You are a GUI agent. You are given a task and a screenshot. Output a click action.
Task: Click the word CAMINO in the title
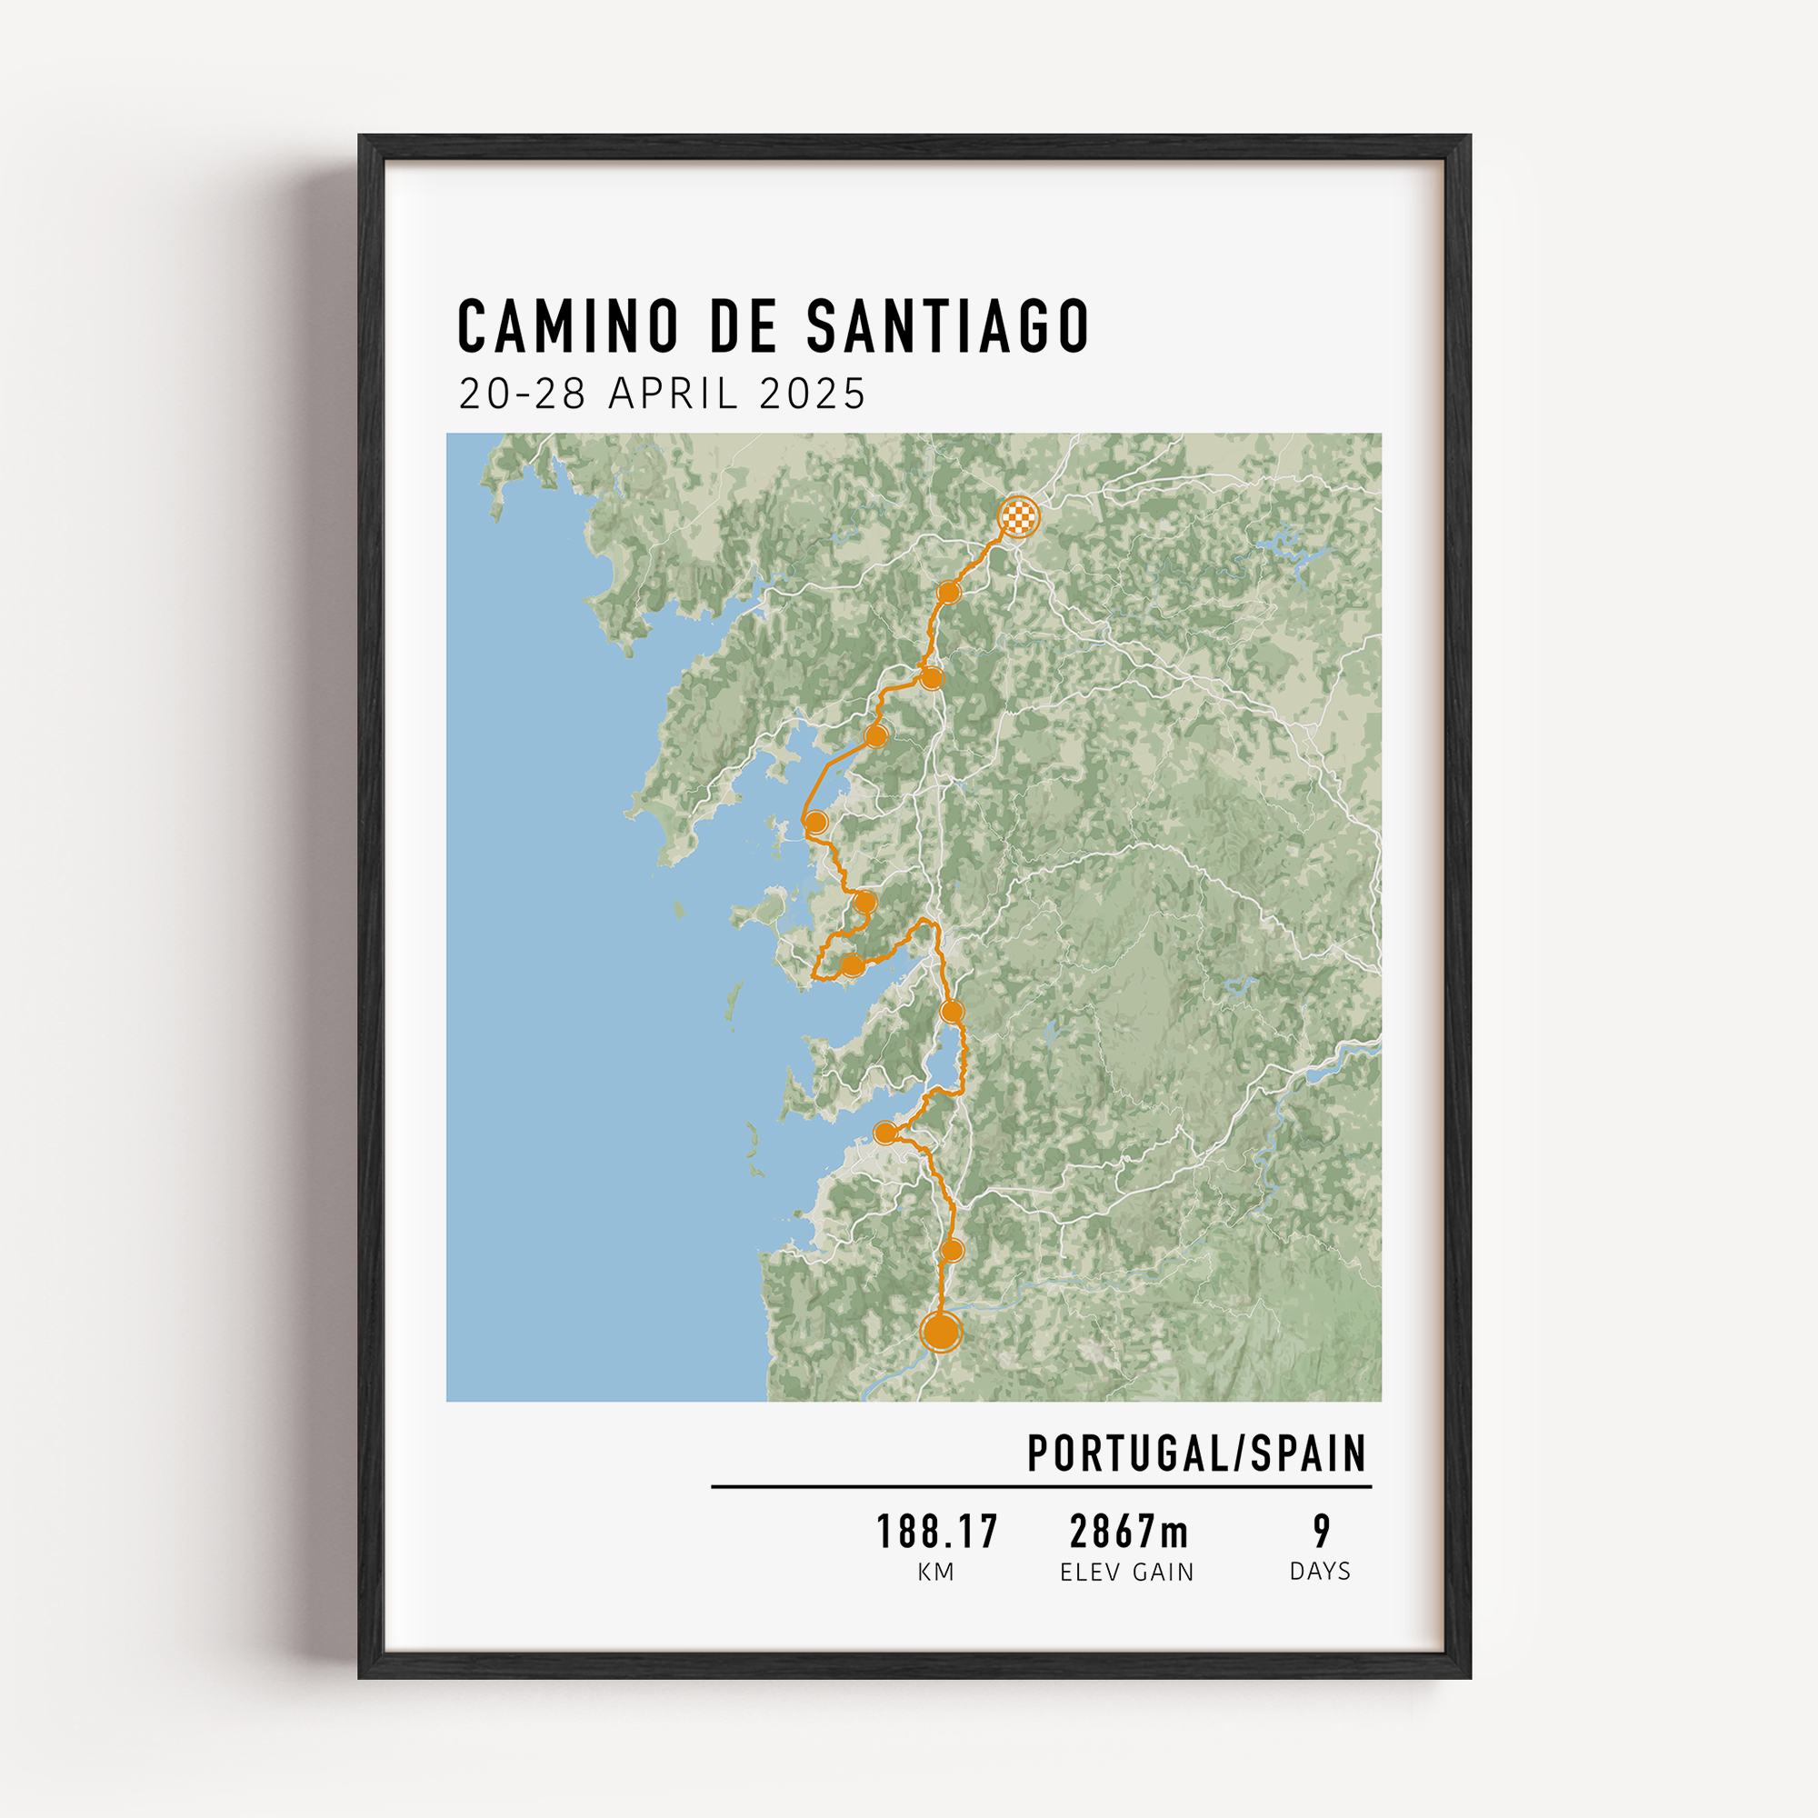(x=567, y=325)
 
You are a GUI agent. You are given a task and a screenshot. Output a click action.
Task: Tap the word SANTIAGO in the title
(x=947, y=325)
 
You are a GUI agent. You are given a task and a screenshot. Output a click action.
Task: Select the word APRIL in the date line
(x=673, y=394)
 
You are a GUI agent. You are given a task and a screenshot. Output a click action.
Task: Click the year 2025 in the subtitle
(x=812, y=394)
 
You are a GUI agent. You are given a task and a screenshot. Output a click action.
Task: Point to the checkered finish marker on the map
(x=1018, y=516)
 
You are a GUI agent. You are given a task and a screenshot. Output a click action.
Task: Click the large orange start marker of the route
(x=941, y=1333)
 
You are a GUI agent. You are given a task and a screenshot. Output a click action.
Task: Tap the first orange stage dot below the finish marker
(x=948, y=592)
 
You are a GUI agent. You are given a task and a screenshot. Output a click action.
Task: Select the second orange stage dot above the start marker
(x=885, y=1133)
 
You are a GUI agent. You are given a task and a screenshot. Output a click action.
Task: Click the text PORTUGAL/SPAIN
(x=1197, y=1453)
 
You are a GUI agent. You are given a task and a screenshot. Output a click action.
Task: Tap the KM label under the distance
(x=936, y=1573)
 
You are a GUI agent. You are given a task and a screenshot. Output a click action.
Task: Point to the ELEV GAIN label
(x=1126, y=1573)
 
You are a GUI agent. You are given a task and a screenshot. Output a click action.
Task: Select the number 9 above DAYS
(x=1322, y=1532)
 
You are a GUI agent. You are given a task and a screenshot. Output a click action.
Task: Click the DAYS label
(x=1320, y=1572)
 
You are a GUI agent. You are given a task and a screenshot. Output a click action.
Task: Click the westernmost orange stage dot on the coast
(x=816, y=822)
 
